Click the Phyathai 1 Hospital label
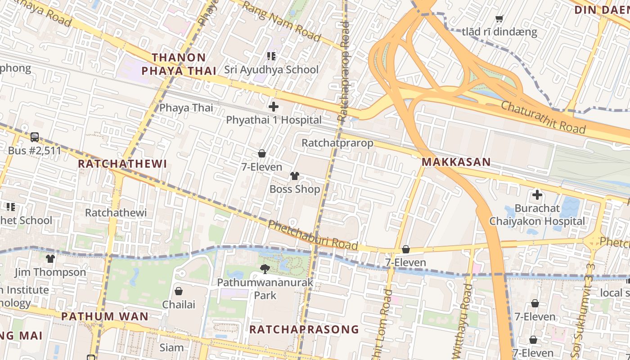click(x=274, y=120)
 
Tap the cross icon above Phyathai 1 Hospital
click(x=273, y=107)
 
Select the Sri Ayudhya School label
click(x=271, y=70)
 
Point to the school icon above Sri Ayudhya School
click(x=271, y=56)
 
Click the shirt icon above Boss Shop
click(x=295, y=175)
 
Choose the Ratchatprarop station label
click(x=337, y=143)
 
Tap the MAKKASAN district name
click(x=456, y=162)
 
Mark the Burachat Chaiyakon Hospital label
click(x=537, y=215)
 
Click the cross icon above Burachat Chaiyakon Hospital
click(x=537, y=195)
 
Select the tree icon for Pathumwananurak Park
click(x=265, y=269)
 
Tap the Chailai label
click(x=179, y=305)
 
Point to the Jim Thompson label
click(x=50, y=272)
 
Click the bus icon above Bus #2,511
click(x=35, y=137)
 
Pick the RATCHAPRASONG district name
click(x=304, y=329)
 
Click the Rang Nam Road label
click(x=282, y=21)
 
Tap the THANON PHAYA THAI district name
click(x=179, y=64)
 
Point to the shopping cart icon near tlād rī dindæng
click(x=499, y=18)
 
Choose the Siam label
click(x=171, y=347)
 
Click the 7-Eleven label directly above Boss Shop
click(x=262, y=167)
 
